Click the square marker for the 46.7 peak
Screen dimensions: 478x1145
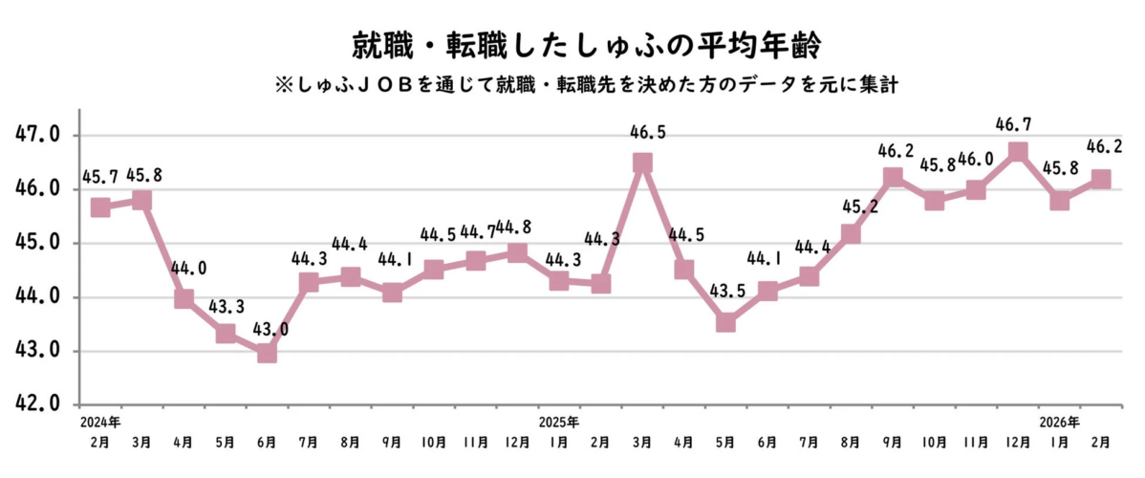coord(1017,152)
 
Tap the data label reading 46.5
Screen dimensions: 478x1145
coord(642,132)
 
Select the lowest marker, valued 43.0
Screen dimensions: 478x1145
coord(267,353)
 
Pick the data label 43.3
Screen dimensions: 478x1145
coord(226,304)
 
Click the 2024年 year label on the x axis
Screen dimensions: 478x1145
coord(100,422)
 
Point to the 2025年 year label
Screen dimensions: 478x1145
coord(559,422)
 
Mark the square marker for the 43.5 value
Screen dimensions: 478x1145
coord(725,322)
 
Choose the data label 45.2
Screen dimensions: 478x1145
coord(851,206)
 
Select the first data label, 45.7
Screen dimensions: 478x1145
coord(100,179)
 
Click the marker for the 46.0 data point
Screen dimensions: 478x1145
coord(976,189)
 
